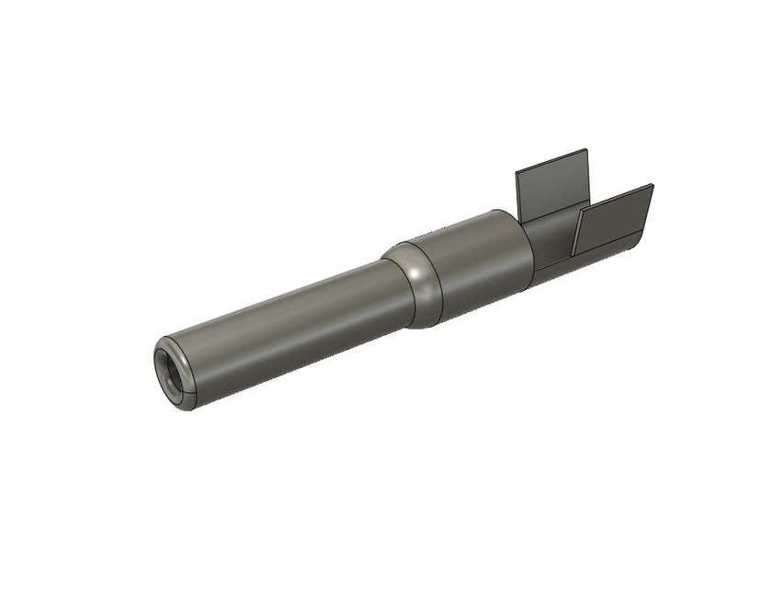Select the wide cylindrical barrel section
click(x=483, y=262)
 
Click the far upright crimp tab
click(x=551, y=189)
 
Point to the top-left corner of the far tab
click(x=516, y=173)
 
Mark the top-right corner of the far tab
click(x=585, y=151)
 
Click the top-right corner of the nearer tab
click(x=653, y=185)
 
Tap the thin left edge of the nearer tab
click(x=575, y=234)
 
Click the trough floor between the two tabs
click(x=551, y=241)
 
